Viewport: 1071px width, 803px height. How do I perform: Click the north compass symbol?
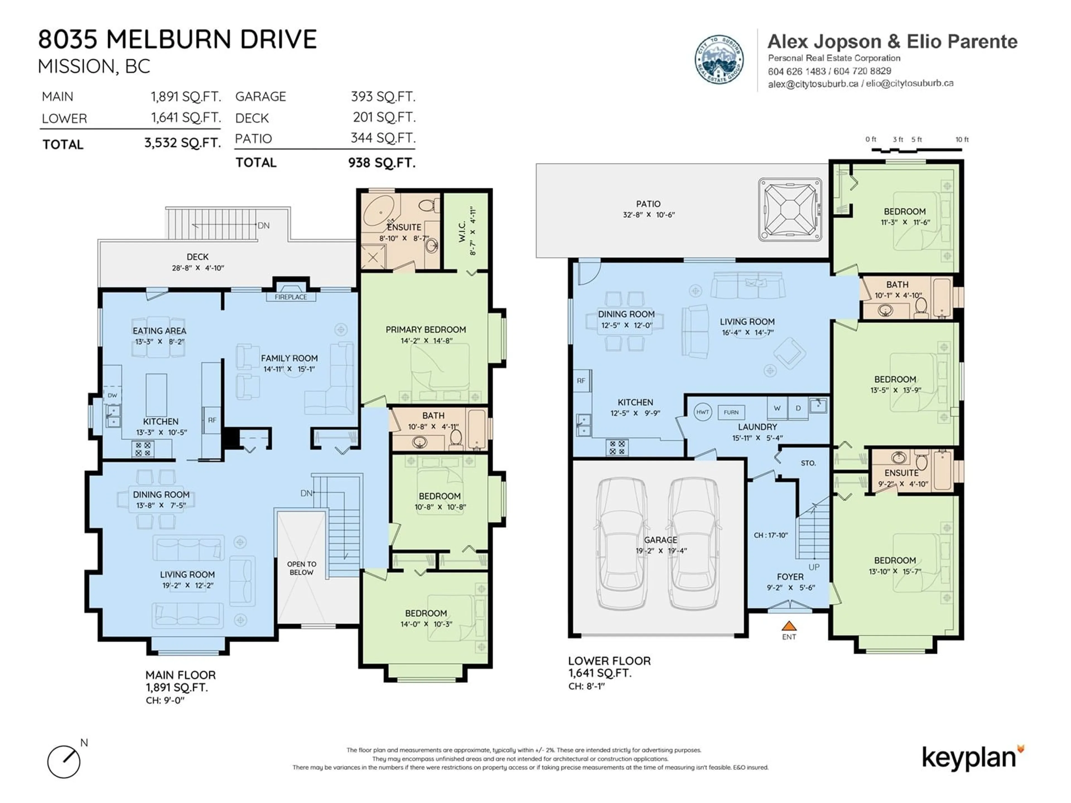pos(63,761)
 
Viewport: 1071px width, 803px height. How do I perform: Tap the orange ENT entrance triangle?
pos(789,626)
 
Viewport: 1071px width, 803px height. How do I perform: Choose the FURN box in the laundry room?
pos(731,412)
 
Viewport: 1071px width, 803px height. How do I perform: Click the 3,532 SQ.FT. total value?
pos(182,143)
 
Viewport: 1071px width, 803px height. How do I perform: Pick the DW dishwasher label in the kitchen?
pos(112,395)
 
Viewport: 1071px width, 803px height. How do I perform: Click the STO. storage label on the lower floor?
pos(808,463)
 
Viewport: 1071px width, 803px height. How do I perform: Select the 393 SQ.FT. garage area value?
pos(383,97)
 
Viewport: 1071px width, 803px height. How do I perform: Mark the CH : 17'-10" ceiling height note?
pos(771,535)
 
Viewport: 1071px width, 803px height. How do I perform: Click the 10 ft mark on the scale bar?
pos(962,139)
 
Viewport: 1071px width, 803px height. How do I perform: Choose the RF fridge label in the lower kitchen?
pos(581,381)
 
